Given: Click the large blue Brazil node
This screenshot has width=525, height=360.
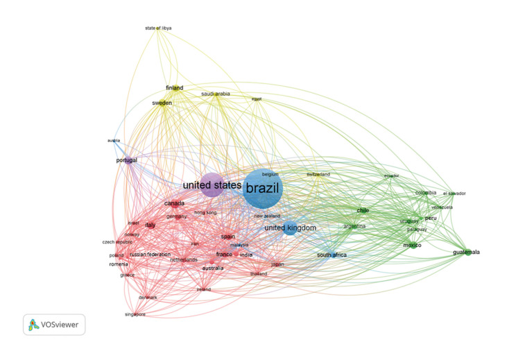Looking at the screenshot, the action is tap(263, 188).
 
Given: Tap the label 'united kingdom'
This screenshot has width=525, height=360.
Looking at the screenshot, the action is tap(290, 228).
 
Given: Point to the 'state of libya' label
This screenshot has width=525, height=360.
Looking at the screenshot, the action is tap(158, 28).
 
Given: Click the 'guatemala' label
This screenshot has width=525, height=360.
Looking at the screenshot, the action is tap(466, 252).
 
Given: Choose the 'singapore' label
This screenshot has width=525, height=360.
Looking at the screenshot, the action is tap(135, 314).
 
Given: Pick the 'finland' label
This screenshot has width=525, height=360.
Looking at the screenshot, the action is tap(175, 88).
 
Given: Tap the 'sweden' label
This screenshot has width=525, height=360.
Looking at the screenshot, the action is tap(162, 103).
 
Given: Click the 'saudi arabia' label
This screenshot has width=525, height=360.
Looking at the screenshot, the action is tap(216, 94).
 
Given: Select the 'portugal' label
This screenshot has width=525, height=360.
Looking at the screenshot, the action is tap(127, 160).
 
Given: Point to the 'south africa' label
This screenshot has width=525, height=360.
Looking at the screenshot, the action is tap(332, 255).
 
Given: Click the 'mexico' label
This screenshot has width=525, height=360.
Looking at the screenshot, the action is tap(412, 245).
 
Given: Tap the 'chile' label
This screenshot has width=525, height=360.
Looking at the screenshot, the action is tap(363, 210).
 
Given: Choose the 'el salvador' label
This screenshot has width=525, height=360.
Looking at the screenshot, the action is tap(454, 194).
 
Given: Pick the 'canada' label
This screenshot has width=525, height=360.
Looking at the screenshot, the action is tap(174, 203).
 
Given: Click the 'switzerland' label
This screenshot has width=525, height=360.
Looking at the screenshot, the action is tap(318, 174).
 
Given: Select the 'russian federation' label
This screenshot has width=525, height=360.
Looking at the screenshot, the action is tap(150, 255).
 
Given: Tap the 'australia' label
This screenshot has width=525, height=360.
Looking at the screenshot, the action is tap(213, 268).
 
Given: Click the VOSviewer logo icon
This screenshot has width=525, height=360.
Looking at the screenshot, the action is tap(33, 324).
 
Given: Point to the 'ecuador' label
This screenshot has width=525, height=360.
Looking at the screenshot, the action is tap(392, 175).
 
